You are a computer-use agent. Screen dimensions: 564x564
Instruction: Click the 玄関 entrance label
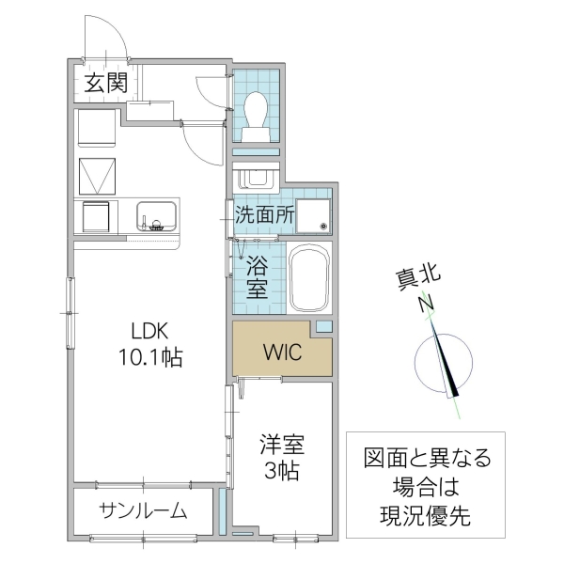(105, 82)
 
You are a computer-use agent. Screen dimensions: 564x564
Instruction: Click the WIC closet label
(281, 353)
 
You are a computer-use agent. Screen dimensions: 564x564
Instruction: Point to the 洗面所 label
(265, 213)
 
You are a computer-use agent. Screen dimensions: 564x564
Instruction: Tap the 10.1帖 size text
(150, 357)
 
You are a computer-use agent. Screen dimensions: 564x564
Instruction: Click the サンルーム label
(143, 511)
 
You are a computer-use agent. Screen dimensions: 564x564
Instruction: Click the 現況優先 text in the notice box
(427, 515)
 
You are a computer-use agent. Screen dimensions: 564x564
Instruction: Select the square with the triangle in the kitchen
(98, 175)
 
